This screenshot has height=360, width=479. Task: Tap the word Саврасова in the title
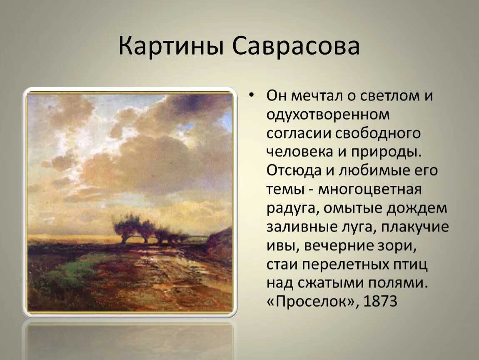point(296,46)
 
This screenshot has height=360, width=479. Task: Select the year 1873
point(380,301)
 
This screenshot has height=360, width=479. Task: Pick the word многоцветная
point(370,190)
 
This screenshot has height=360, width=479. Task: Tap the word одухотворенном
point(328,115)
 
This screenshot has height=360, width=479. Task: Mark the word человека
point(299,152)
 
